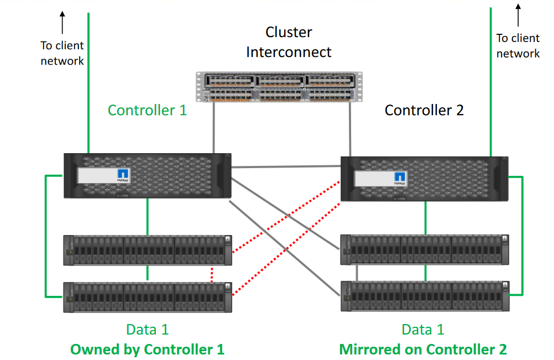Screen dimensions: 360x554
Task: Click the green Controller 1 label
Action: (147, 110)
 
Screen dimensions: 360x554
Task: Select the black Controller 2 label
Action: (424, 110)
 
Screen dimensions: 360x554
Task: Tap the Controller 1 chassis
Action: (148, 176)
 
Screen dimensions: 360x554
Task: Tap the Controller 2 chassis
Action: (424, 178)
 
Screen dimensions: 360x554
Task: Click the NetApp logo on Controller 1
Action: (123, 175)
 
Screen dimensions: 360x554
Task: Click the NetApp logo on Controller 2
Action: (400, 178)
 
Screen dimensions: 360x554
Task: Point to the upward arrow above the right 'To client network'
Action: (518, 15)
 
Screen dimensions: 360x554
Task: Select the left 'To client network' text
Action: (62, 53)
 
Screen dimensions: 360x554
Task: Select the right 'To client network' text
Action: (518, 46)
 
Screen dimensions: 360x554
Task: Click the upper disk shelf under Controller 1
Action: (148, 250)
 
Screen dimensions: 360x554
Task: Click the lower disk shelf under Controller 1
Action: (148, 297)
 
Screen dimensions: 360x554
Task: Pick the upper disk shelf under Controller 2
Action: (424, 250)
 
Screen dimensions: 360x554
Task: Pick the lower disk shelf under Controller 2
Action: (424, 296)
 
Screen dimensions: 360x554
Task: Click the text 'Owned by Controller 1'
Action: (147, 349)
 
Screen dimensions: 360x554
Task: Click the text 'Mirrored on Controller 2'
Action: (423, 349)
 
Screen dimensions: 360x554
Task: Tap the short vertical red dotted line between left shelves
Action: (212, 275)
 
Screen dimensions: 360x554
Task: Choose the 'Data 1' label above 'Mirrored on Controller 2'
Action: (424, 330)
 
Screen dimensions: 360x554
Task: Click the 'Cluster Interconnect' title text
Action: (289, 42)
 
